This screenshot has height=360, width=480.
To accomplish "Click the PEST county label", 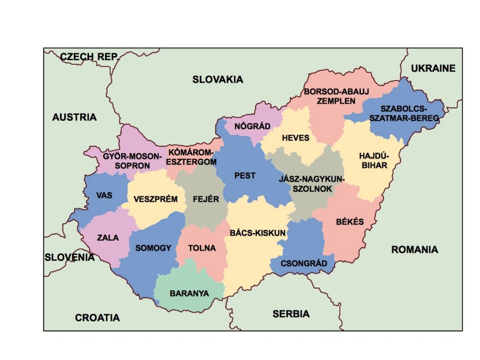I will coord(245,176).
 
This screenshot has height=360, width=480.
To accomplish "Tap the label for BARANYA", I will coord(189,294).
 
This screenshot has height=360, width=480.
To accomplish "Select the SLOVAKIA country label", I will coord(217,80).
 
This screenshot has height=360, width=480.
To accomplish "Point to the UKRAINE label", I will coord(433,68).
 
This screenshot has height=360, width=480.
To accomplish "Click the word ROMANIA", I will coord(414,250).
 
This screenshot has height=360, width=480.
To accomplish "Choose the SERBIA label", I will coord(291,314).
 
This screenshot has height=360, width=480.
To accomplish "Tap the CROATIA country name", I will coord(97,318).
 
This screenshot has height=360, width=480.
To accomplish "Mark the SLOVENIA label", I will coord(69,257).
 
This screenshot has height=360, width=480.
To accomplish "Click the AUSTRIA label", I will coord(75,117).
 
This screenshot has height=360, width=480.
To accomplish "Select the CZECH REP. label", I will coord(89,57).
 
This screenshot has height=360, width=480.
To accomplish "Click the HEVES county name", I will coord(295,138).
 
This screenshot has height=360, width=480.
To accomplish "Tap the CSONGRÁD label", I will coord(304,263).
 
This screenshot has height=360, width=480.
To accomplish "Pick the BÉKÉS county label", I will coord(350,222).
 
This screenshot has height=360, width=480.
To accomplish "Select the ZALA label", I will coord(108,238).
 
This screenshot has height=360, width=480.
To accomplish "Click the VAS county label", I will coord(104,195).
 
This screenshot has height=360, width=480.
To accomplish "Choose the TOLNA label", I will coord(202,248).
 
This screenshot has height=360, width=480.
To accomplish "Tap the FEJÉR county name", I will coord(206,199).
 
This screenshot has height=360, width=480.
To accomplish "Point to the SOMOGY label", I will coord(153,248).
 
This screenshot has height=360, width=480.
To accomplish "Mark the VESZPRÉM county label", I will coord(156,199).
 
